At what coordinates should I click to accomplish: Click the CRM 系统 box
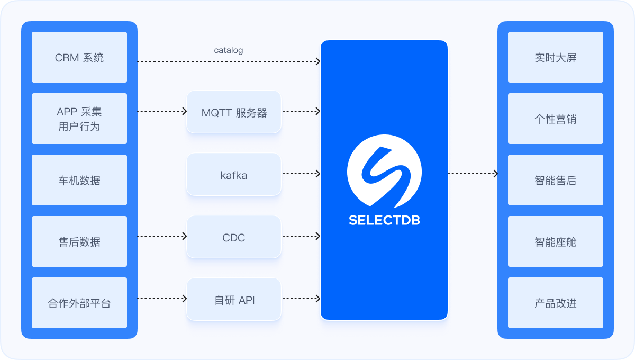point(79,57)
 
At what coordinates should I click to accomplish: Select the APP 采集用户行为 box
point(79,119)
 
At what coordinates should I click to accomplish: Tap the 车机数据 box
point(79,180)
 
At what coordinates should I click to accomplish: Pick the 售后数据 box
point(79,241)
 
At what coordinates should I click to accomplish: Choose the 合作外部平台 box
point(79,303)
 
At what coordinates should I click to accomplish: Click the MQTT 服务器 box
point(234,112)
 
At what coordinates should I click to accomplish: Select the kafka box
point(234,175)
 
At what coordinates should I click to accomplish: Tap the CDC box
point(234,237)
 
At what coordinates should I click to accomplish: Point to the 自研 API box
point(234,299)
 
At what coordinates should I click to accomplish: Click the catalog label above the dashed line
point(229,50)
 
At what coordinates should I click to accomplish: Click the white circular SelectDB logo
point(384,171)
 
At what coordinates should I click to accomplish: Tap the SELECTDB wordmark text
point(384,220)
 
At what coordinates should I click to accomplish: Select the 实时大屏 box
point(556,57)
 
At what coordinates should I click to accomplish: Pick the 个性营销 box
point(556,119)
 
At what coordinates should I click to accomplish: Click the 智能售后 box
point(556,180)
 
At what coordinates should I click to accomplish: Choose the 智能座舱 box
point(556,241)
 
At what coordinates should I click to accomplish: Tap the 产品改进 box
point(556,303)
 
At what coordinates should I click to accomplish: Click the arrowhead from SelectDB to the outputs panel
point(496,174)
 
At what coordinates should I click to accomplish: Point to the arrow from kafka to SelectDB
point(302,174)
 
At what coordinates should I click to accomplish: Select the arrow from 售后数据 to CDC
point(162,236)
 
